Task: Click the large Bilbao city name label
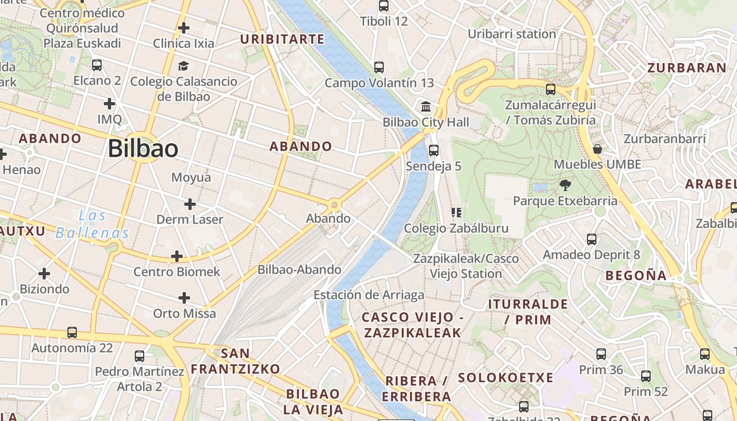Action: click(x=143, y=149)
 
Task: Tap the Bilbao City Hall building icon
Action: click(x=426, y=107)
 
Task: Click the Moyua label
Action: click(x=191, y=177)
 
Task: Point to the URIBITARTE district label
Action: click(x=282, y=39)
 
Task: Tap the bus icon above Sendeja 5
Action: click(x=434, y=151)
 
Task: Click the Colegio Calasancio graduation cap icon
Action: click(x=183, y=66)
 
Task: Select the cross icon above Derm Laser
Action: click(x=190, y=204)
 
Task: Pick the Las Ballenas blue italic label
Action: click(x=92, y=224)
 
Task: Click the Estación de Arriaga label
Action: click(x=369, y=295)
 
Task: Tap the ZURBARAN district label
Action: click(x=686, y=67)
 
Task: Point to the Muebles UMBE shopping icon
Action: click(x=597, y=149)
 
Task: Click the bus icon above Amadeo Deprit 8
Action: click(x=592, y=239)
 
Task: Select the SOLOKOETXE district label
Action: click(x=505, y=377)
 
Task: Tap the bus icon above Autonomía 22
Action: click(x=72, y=333)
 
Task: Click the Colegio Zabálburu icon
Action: click(x=456, y=213)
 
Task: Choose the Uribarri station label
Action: click(x=512, y=34)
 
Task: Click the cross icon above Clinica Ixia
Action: click(x=184, y=27)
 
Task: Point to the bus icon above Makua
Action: click(x=705, y=354)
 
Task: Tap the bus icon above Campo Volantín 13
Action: click(x=379, y=67)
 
